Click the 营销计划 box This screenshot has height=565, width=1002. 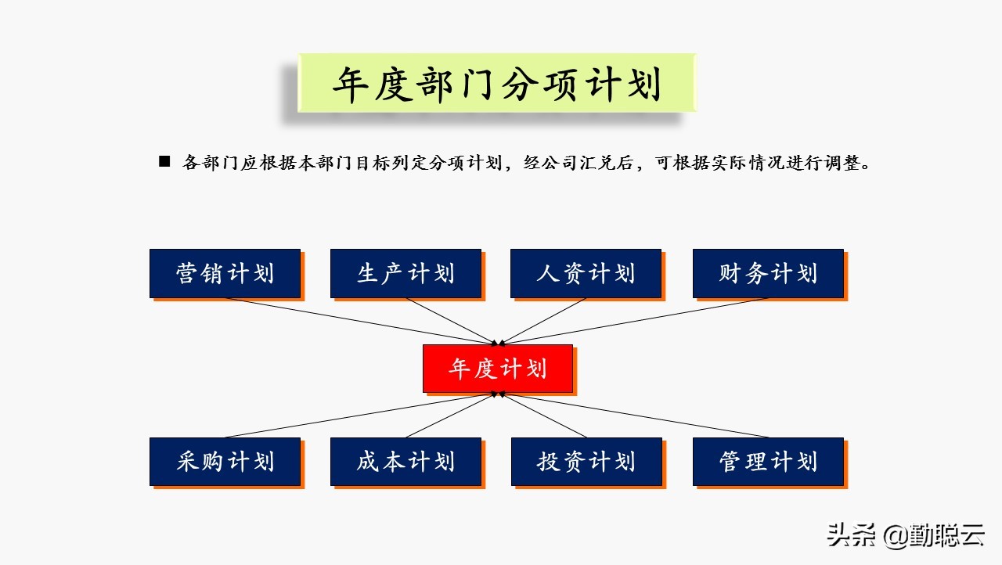tap(225, 274)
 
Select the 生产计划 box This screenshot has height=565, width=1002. tap(405, 274)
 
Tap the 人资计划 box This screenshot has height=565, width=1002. tap(586, 274)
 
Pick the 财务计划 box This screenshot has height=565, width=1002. tap(768, 274)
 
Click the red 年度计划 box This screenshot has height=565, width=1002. tap(498, 369)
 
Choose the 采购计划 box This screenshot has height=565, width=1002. tap(225, 462)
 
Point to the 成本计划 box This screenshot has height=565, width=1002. tap(405, 462)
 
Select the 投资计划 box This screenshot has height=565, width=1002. tap(586, 462)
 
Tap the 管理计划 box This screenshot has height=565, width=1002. tap(768, 462)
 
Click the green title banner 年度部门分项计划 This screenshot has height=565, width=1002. tap(497, 83)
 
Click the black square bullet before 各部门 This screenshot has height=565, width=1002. tap(164, 161)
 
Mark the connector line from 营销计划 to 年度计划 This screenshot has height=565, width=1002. tap(360, 321)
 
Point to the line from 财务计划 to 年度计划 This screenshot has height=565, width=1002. tap(634, 321)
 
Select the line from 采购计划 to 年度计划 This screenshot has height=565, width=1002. tap(360, 416)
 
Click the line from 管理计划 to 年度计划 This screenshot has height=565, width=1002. tap(634, 416)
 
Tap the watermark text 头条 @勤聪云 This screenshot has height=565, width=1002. tap(906, 535)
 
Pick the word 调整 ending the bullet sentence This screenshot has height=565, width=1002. tap(843, 163)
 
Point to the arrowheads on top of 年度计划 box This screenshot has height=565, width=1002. tap(498, 343)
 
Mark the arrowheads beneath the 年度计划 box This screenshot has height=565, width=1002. tap(498, 394)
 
